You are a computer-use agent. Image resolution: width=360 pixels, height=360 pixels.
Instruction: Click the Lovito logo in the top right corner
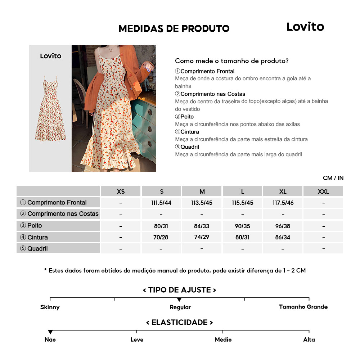[x=305, y=27]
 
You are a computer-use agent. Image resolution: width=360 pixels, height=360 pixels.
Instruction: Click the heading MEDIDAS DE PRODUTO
[x=174, y=29]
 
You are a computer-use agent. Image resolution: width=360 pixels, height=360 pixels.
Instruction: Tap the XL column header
[x=283, y=192]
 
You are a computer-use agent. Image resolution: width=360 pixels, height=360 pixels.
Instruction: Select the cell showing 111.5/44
[x=161, y=203]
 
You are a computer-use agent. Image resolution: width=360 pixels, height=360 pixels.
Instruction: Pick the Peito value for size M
[x=202, y=226]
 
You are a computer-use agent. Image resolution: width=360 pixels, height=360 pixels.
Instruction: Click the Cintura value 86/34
[x=283, y=238]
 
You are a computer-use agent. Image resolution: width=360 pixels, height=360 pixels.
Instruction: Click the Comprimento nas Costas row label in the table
[x=59, y=214]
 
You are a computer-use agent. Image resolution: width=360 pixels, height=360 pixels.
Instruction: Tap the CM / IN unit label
[x=333, y=178]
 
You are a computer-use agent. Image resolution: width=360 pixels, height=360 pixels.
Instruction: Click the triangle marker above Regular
[x=179, y=300]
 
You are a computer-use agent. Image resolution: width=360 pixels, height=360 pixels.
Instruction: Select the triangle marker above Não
[x=50, y=332]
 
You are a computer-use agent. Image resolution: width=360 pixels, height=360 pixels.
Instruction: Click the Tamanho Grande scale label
[x=303, y=307]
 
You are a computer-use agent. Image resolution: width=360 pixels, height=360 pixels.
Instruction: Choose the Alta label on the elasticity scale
[x=309, y=339]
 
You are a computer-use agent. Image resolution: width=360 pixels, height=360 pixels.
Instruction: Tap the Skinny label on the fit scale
[x=50, y=307]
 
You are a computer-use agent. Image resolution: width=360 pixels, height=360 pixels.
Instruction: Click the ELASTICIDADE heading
[x=180, y=322]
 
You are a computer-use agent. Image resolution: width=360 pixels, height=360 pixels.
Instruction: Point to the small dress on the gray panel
[x=50, y=108]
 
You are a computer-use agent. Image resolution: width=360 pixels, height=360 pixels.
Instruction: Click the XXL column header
[x=323, y=192]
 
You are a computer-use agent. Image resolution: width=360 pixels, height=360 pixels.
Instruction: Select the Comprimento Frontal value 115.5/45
[x=243, y=203]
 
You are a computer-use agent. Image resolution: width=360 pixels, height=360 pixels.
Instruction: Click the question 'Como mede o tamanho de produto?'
[x=232, y=61]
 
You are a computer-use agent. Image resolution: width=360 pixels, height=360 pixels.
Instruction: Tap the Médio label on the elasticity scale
[x=223, y=339]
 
